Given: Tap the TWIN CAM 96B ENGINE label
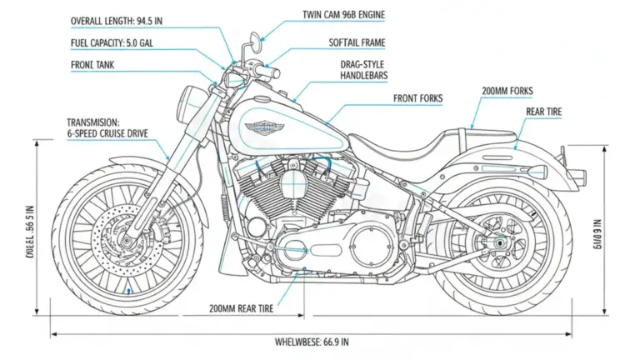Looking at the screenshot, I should [x=345, y=15].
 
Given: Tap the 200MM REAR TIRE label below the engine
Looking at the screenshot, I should [x=242, y=307].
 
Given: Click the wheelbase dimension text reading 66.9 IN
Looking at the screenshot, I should [x=312, y=342].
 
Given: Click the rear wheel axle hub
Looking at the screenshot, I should [x=499, y=243].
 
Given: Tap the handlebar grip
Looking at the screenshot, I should [x=267, y=72].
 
